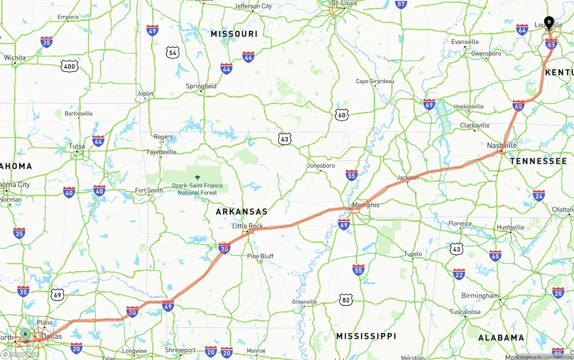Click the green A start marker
26,334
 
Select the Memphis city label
365,205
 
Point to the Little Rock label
248,226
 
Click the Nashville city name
502,145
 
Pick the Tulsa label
77,146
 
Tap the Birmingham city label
480,295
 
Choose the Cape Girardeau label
375,81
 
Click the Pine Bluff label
260,256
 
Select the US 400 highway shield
70,67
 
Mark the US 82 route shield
346,299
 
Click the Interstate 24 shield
539,195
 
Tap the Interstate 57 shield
401,4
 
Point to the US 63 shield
285,139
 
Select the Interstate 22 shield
459,274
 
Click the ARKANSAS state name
242,212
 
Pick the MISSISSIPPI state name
366,336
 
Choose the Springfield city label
201,86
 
